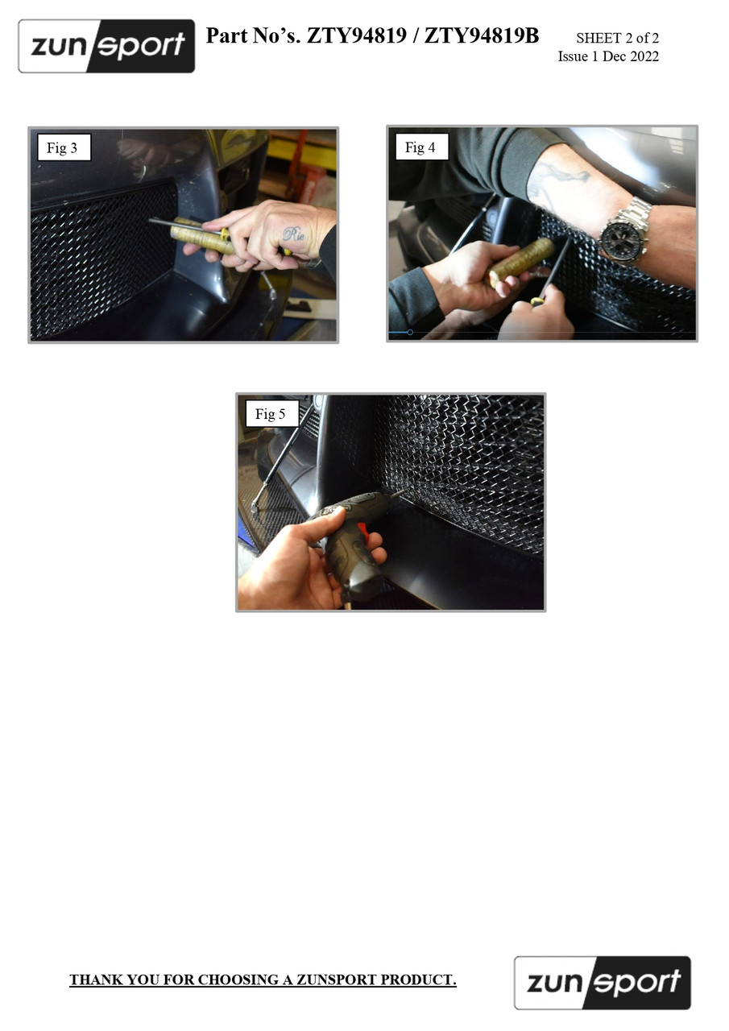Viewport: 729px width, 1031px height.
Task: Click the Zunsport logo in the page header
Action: click(x=106, y=46)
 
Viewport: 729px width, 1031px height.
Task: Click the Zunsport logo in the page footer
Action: click(x=603, y=983)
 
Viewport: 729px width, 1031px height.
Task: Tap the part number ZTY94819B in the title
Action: click(x=482, y=35)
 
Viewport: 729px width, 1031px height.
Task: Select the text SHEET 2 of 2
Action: click(x=617, y=38)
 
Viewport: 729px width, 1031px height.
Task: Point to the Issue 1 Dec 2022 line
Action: click(x=608, y=56)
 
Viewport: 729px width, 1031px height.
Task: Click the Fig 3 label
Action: click(x=62, y=147)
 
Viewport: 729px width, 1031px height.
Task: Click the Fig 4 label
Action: click(x=420, y=147)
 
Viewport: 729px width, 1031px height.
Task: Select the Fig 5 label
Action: click(x=270, y=414)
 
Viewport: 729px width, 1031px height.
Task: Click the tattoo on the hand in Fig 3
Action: click(x=293, y=234)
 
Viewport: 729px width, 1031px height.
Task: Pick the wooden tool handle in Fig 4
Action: click(x=520, y=263)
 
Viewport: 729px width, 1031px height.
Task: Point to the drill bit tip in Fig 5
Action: click(x=402, y=491)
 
